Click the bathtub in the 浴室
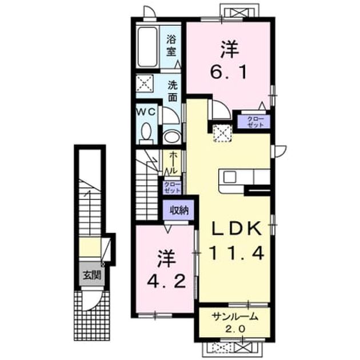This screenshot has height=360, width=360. coord(147,47)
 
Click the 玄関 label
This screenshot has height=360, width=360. coord(92,274)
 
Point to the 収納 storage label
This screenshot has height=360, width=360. coord(179,210)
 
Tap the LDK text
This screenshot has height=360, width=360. coord(237,229)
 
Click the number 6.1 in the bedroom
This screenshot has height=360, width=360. coord(229,71)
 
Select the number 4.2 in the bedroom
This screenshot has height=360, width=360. coord(166,281)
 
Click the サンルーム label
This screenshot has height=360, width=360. coord(235,317)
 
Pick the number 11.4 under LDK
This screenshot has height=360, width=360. coord(237,253)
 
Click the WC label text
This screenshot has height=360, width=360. coord(146,112)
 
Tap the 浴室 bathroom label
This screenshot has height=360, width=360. coord(171,46)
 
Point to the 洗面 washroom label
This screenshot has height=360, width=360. coord(173,91)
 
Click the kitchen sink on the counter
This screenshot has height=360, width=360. coord(230,177)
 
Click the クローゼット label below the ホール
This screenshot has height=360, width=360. coord(172,187)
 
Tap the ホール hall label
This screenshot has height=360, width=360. coord(173,163)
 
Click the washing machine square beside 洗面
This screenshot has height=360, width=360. coord(145,83)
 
